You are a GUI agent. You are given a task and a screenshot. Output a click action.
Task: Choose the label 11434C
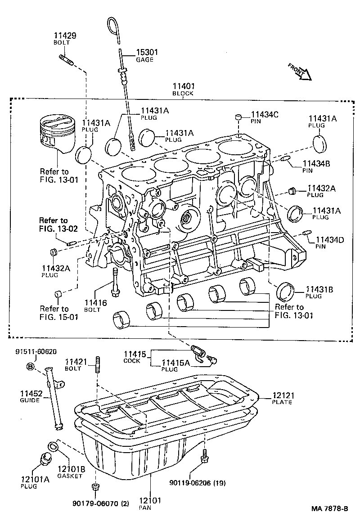point(265,115)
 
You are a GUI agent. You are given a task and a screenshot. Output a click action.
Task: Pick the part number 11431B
point(319,289)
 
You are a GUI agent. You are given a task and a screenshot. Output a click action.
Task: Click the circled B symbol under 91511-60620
point(31,367)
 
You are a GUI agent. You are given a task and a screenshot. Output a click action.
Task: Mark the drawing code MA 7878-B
point(330,509)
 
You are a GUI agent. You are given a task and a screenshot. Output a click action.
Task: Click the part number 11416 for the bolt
point(95,303)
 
